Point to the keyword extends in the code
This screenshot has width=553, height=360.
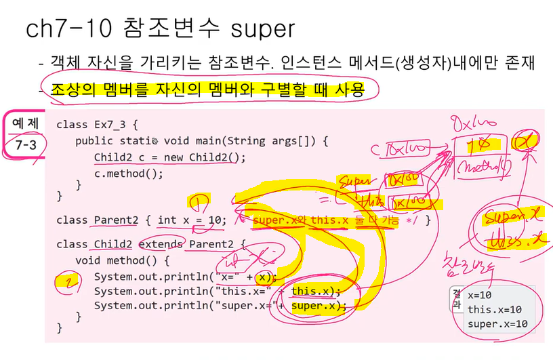coord(161,243)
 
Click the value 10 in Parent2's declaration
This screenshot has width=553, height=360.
coord(216,220)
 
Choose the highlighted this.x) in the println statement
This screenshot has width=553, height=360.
coord(315,292)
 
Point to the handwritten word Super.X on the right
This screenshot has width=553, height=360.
coord(514,218)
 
